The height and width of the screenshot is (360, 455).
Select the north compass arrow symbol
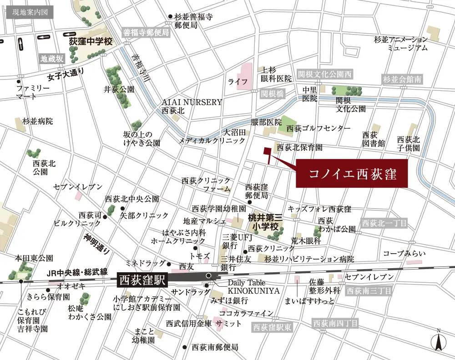pyautogui.click(x=438, y=340)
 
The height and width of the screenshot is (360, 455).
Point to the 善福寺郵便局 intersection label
pyautogui.click(x=146, y=33)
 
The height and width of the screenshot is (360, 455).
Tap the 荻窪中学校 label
pyautogui.click(x=91, y=41)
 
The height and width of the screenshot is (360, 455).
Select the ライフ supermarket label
pyautogui.click(x=238, y=82)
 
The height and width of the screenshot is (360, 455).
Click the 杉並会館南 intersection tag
pyautogui.click(x=402, y=79)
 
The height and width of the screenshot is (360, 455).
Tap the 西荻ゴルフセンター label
pyautogui.click(x=318, y=129)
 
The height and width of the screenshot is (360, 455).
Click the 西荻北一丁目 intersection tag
pyautogui.click(x=384, y=223)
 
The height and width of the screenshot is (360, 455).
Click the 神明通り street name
pyautogui.click(x=96, y=243)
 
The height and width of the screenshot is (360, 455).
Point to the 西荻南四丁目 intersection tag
pyautogui.click(x=335, y=324)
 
